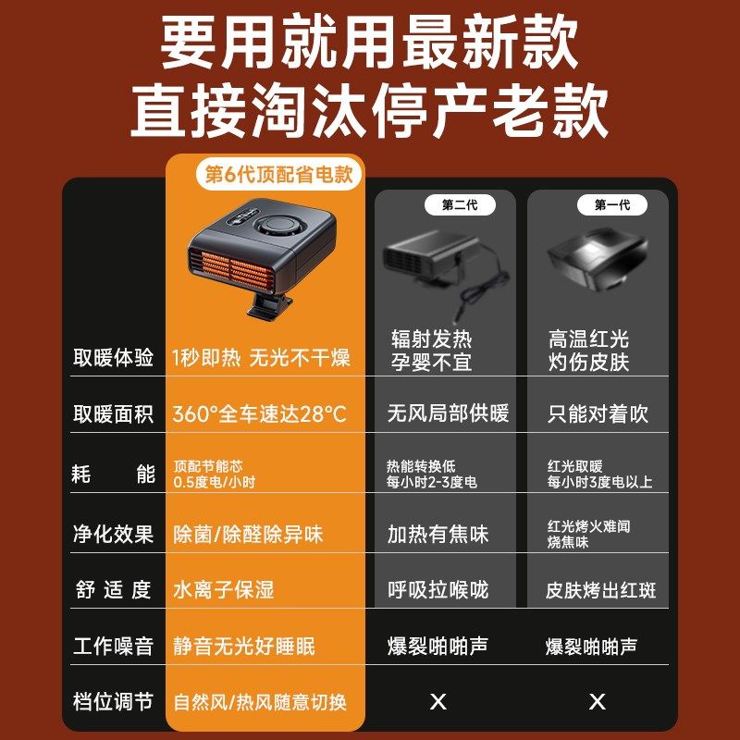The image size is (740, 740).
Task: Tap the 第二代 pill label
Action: (460, 204)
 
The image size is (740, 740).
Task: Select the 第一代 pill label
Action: (611, 204)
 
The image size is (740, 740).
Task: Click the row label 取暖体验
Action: (114, 358)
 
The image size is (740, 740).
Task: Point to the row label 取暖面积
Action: (114, 413)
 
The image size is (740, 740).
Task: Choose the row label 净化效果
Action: (114, 534)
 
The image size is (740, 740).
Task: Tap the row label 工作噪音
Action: (114, 646)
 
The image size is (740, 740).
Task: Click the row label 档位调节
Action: (114, 701)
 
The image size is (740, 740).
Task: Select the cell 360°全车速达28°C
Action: (260, 413)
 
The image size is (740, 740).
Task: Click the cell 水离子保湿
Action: (224, 589)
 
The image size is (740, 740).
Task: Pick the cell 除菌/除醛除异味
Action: (249, 534)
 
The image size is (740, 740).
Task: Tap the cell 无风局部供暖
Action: (448, 413)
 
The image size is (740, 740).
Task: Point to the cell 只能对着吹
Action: (598, 413)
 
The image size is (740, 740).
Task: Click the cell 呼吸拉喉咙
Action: (438, 589)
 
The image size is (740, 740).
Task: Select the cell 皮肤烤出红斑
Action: (601, 589)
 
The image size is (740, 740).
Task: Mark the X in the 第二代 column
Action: (438, 701)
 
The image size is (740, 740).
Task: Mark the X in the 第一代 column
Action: (598, 701)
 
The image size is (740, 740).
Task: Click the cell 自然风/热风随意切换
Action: (260, 701)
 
